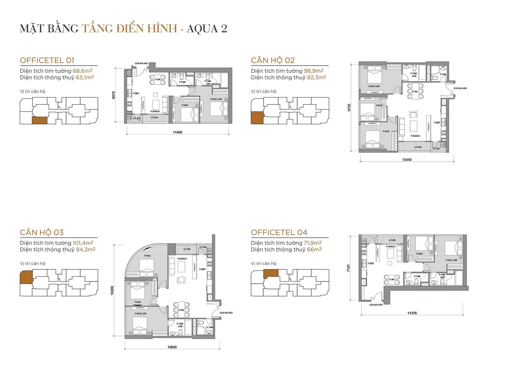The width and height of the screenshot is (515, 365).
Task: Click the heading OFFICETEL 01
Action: click(x=47, y=60)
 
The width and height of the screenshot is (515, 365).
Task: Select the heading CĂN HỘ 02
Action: click(x=273, y=60)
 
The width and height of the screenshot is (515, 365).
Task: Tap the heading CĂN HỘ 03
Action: click(x=42, y=232)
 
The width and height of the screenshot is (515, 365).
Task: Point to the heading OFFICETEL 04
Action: click(x=279, y=232)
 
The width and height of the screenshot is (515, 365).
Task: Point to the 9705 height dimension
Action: click(x=354, y=107)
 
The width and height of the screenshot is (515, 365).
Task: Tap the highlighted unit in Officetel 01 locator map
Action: click(x=39, y=121)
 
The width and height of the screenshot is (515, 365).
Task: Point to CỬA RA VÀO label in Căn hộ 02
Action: click(x=460, y=88)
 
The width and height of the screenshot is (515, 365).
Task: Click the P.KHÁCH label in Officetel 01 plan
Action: click(x=155, y=111)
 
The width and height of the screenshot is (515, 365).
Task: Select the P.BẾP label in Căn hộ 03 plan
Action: click(x=202, y=269)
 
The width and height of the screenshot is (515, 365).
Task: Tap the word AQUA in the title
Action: click(x=202, y=28)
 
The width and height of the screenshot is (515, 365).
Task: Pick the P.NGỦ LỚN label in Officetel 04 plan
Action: click(x=451, y=260)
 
